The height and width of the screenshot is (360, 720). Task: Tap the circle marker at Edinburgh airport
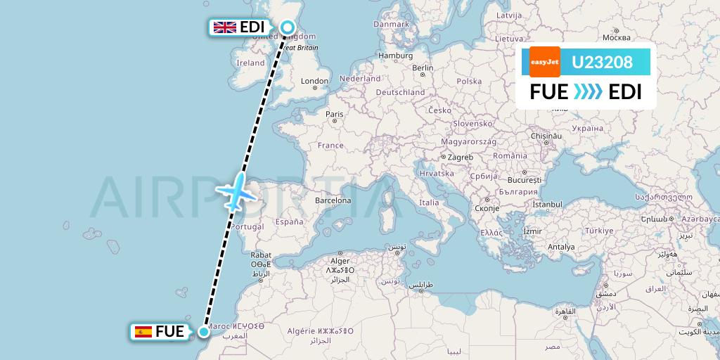pos(288,27)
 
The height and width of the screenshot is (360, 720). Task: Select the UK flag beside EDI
pos(225,27)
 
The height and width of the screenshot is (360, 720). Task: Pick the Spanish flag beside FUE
pos(143,332)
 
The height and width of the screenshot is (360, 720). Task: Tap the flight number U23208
pos(602,63)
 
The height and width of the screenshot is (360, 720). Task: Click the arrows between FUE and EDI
pos(588,92)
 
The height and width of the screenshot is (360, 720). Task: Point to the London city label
pos(314,82)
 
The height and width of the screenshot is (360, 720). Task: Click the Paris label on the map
pos(334,114)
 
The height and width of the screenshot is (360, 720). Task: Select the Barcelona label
pos(333,200)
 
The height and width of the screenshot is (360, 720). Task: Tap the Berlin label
pos(423,68)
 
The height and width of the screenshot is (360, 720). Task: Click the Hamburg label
pos(395,56)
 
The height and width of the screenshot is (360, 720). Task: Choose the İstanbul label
pos(549,205)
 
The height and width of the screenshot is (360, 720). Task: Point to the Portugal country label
pos(247,226)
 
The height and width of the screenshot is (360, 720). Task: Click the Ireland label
pos(250,63)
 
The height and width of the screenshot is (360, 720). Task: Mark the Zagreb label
pos(460,156)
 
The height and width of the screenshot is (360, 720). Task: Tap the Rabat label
pos(261,255)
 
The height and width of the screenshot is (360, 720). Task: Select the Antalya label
pos(562,247)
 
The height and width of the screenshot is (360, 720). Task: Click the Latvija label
pos(508,15)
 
